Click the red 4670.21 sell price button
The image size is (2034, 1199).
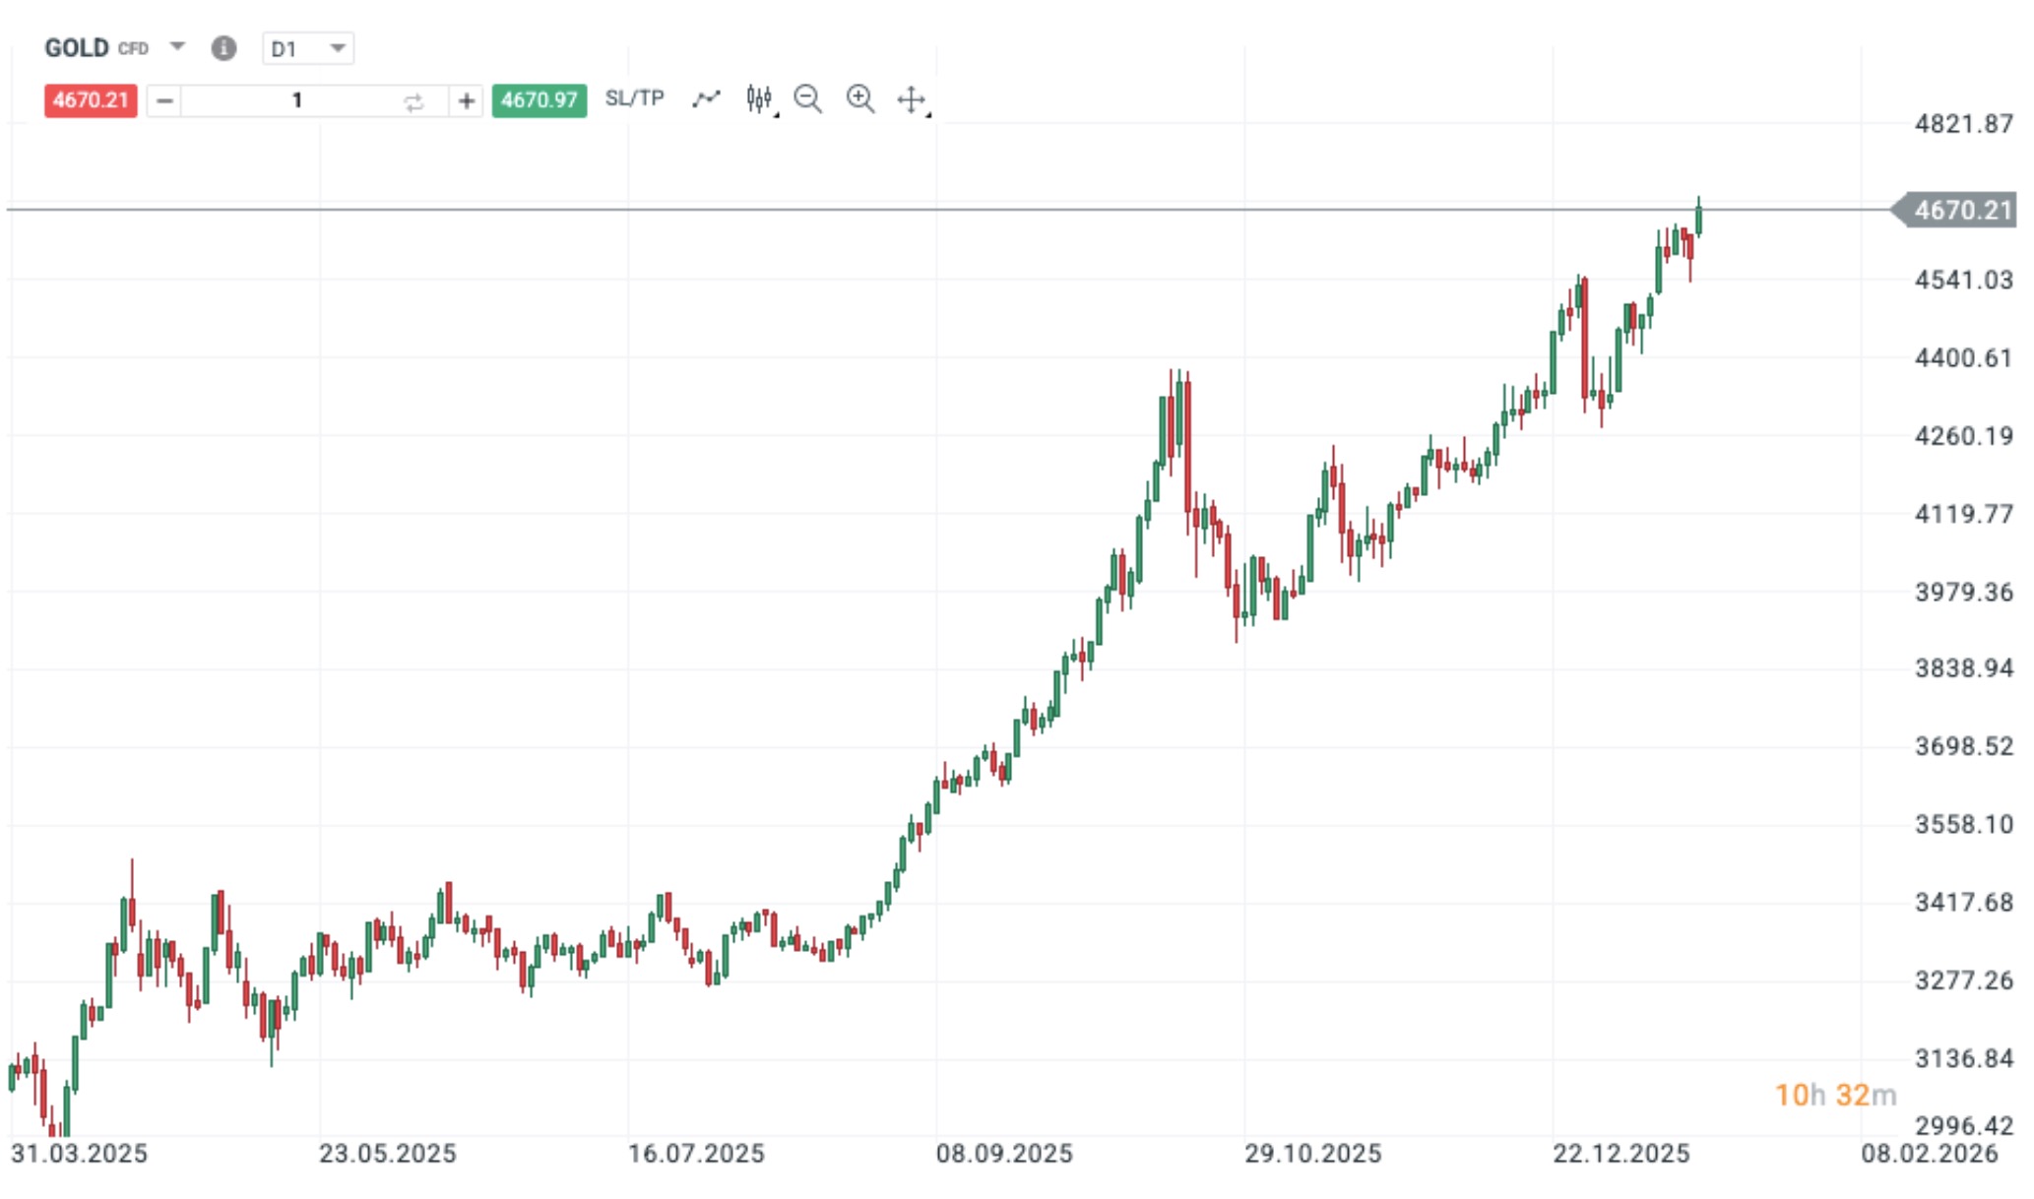pos(90,100)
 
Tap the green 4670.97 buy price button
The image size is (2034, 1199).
pos(539,100)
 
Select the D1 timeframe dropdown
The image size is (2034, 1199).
pos(307,48)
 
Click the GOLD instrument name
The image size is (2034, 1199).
pos(77,48)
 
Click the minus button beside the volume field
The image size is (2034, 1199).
pos(164,100)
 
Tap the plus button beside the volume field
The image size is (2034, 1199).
pos(466,100)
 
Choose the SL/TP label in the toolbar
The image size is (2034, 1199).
pos(634,98)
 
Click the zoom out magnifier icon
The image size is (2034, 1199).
pos(807,99)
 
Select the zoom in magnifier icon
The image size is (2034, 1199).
pos(859,99)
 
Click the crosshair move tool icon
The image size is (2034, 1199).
pos(911,99)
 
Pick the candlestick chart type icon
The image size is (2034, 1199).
pos(758,99)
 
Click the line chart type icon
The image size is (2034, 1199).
pos(706,98)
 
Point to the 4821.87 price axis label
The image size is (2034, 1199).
pos(1962,124)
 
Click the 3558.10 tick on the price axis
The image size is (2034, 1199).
pos(1962,824)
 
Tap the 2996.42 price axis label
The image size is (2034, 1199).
pos(1962,1125)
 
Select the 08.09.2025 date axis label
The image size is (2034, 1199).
pos(1003,1154)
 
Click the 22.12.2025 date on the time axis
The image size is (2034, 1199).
pos(1621,1154)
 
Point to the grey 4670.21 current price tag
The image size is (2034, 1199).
pos(1959,210)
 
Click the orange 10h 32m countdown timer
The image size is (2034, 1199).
pos(1834,1095)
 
